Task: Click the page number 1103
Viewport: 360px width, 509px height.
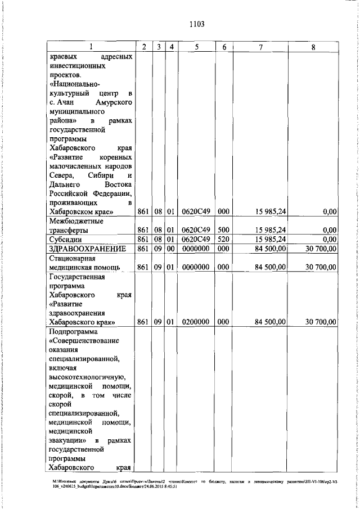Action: click(x=196, y=24)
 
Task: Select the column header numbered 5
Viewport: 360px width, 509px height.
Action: click(x=197, y=47)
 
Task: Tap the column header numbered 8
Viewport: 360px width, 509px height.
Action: click(x=313, y=47)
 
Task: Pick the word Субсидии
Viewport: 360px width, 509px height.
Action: click(x=65, y=239)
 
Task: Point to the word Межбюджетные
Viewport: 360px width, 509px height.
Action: click(x=75, y=220)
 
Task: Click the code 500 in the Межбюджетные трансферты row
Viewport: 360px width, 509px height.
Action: click(x=223, y=229)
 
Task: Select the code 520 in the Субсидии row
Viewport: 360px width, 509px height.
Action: click(x=223, y=239)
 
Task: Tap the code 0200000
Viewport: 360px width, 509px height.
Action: click(x=196, y=322)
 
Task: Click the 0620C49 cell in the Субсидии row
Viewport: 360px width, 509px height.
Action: click(x=196, y=239)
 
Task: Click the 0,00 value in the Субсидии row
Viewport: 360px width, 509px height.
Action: click(x=330, y=239)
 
